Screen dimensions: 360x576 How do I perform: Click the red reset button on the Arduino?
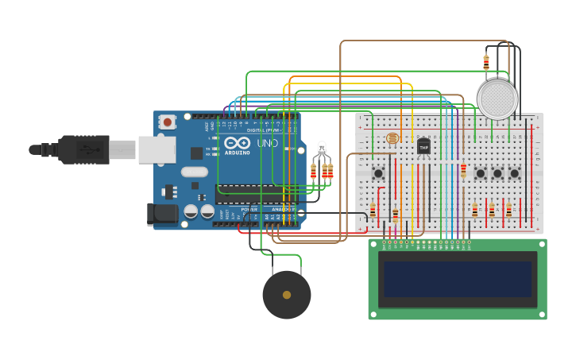click(x=168, y=122)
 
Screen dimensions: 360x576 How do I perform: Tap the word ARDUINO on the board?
click(x=238, y=153)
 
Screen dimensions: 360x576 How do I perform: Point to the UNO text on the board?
click(x=263, y=143)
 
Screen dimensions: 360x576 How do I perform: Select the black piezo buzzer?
click(x=286, y=295)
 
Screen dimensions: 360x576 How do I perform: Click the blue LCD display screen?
click(x=457, y=279)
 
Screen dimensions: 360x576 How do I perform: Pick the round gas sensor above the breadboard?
click(x=497, y=99)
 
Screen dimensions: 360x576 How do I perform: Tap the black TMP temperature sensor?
click(x=423, y=146)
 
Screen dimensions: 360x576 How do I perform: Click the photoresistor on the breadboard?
click(x=392, y=138)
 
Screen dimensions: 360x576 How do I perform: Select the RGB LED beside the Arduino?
click(x=321, y=149)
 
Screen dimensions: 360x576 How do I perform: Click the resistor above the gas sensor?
click(x=486, y=63)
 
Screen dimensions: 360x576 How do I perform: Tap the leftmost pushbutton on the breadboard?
click(x=378, y=173)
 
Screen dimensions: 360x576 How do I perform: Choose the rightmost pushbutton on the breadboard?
click(x=514, y=173)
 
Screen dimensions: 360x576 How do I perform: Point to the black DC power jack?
click(x=162, y=213)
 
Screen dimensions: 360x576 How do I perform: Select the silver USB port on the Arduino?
click(x=157, y=149)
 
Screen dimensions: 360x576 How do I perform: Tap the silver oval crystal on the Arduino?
click(x=194, y=172)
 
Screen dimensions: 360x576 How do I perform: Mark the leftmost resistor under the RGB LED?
click(x=313, y=171)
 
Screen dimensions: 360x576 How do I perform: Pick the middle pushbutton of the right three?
click(x=497, y=173)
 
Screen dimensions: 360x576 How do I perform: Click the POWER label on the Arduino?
click(x=249, y=210)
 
